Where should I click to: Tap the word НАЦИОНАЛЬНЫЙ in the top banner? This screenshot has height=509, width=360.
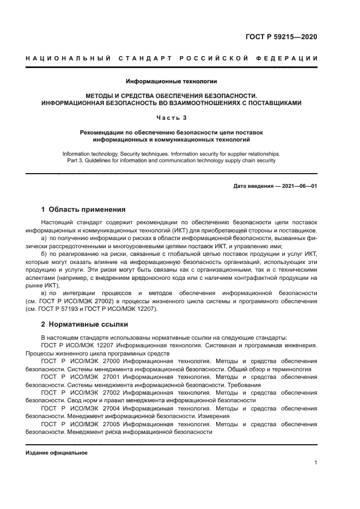[67, 59]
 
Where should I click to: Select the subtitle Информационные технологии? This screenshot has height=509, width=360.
[171, 82]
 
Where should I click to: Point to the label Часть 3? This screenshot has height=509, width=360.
[171, 117]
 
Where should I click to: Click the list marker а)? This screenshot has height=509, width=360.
[44, 238]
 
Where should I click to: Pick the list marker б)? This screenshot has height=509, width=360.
[44, 254]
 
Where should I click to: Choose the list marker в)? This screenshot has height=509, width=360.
[44, 293]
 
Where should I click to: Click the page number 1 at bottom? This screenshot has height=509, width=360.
[315, 463]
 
